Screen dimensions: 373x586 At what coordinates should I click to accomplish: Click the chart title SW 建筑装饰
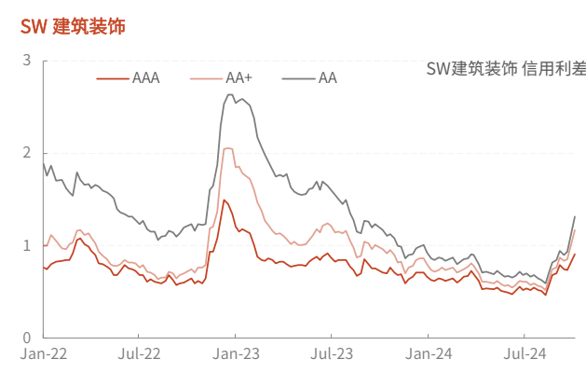[73, 26]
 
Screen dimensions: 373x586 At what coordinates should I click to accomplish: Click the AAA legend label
[146, 78]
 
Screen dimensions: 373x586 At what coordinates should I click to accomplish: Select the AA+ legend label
[240, 78]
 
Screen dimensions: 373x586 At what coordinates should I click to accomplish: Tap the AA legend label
[328, 78]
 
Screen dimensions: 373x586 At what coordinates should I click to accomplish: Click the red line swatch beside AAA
[113, 78]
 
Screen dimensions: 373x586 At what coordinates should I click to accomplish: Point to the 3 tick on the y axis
[27, 61]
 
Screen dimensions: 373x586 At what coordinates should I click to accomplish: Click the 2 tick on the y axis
[27, 153]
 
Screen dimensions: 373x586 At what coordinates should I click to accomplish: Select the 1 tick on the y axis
[27, 245]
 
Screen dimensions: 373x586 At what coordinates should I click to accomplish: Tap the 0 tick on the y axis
[27, 338]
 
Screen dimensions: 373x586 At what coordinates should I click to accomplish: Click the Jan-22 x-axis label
[44, 354]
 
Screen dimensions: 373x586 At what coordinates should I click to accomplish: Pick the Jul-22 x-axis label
[141, 354]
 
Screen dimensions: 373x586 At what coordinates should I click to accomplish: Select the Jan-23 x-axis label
[237, 354]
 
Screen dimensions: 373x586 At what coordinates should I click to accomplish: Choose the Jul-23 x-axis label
[333, 354]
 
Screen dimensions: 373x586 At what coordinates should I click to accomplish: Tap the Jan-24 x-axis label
[429, 354]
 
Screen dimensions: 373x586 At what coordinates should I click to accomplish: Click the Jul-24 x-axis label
[525, 354]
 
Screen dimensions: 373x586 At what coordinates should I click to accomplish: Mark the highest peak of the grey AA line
[229, 94]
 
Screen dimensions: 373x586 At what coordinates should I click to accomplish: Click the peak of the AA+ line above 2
[228, 147]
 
